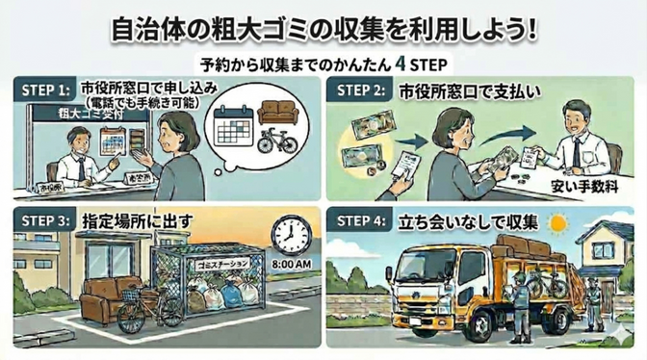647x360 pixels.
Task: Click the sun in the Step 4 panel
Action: click(x=558, y=223)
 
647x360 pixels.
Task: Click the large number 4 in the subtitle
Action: click(x=400, y=64)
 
